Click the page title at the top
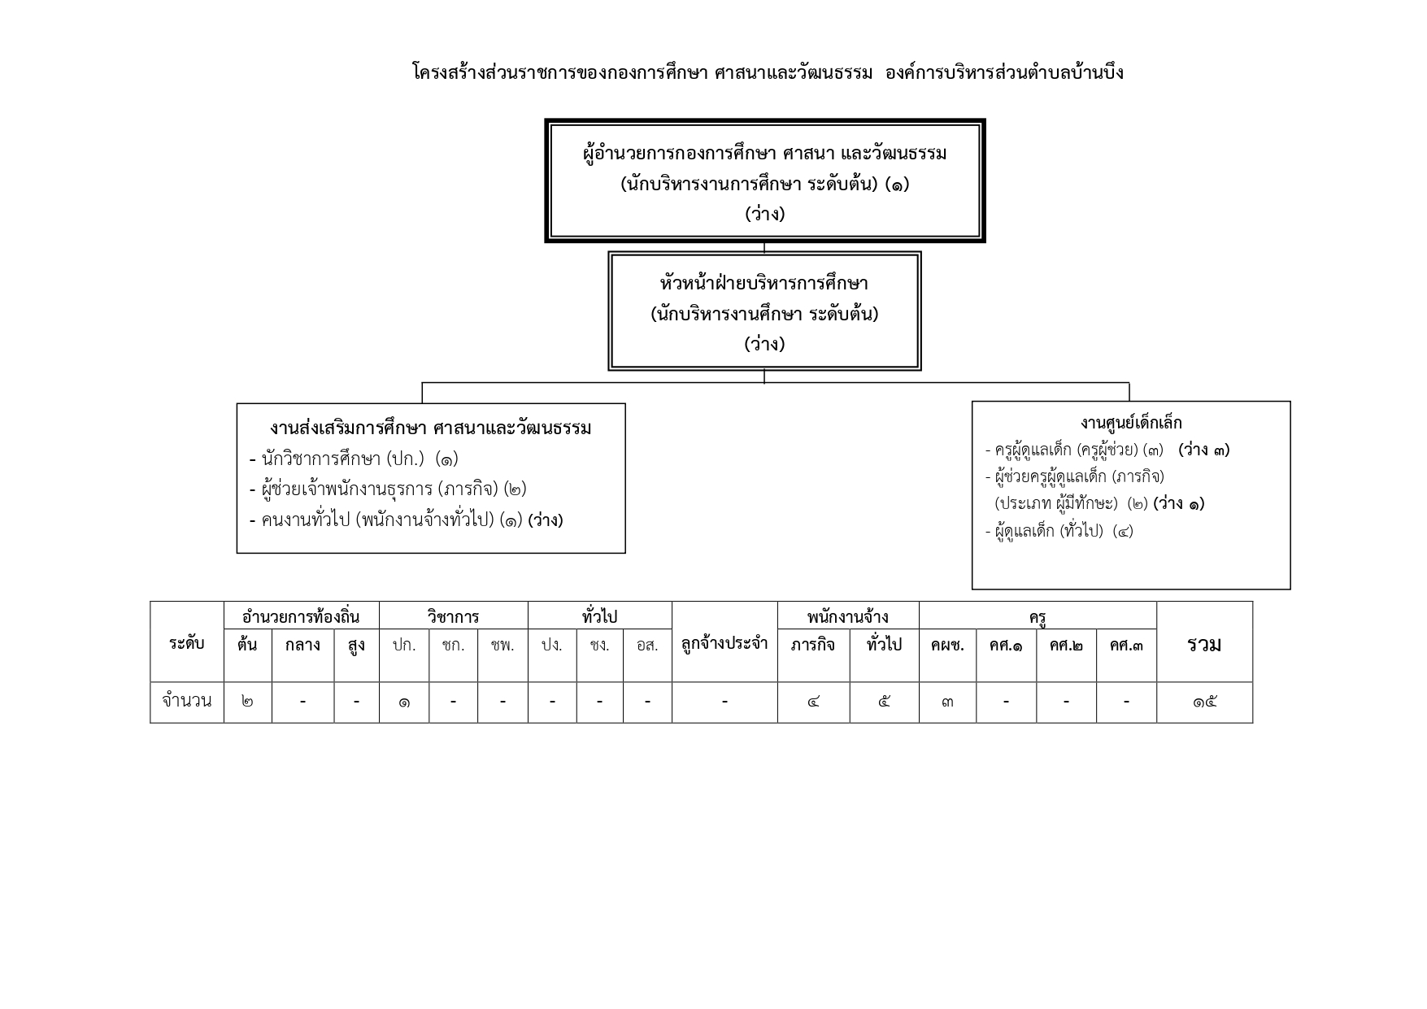pos(768,72)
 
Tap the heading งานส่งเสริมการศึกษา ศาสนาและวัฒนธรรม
pos(431,428)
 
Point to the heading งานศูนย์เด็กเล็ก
pos(1131,422)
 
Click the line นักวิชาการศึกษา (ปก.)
pos(354,459)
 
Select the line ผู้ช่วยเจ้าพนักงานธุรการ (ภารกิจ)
pos(388,489)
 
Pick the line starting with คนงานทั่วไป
pos(406,520)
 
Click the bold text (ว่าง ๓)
pos(1203,450)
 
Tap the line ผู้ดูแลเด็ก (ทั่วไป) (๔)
pos(1059,531)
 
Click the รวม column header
pos(1204,644)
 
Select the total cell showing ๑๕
pos(1204,702)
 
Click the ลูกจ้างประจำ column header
pos(724,644)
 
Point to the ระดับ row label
pos(187,643)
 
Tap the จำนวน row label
pos(187,701)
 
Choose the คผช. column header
pos(947,645)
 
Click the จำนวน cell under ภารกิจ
pos(813,702)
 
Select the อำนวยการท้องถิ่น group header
pos(301,616)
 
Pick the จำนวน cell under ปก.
pos(404,702)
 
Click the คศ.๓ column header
pos(1126,645)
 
